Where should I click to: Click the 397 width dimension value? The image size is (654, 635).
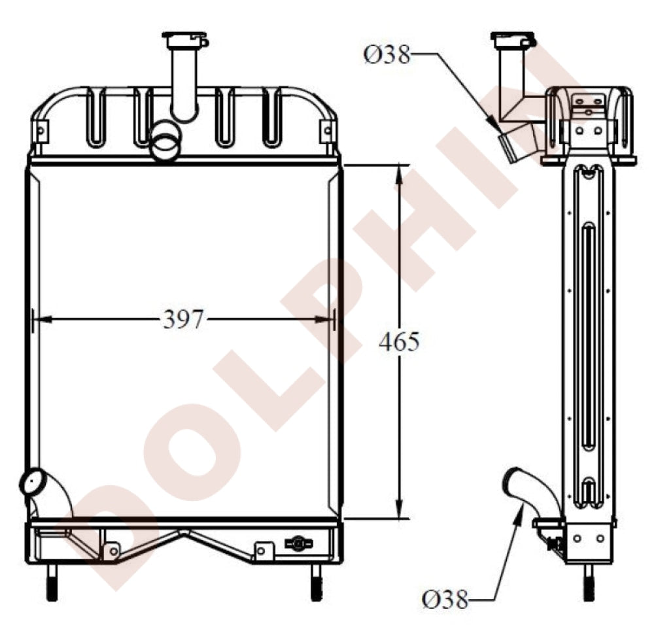tap(184, 320)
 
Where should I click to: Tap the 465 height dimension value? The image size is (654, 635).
tap(398, 341)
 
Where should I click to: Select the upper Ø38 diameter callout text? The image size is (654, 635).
tap(387, 56)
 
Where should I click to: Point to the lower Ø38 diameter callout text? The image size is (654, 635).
tap(445, 598)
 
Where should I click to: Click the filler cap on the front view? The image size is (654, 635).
tap(186, 41)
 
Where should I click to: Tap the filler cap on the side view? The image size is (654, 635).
tap(513, 39)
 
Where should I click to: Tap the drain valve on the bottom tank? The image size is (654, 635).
tap(298, 543)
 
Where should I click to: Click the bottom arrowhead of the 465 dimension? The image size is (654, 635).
tap(399, 510)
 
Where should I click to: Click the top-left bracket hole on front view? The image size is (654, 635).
tap(41, 131)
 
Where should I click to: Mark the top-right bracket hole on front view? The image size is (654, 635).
tap(326, 131)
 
